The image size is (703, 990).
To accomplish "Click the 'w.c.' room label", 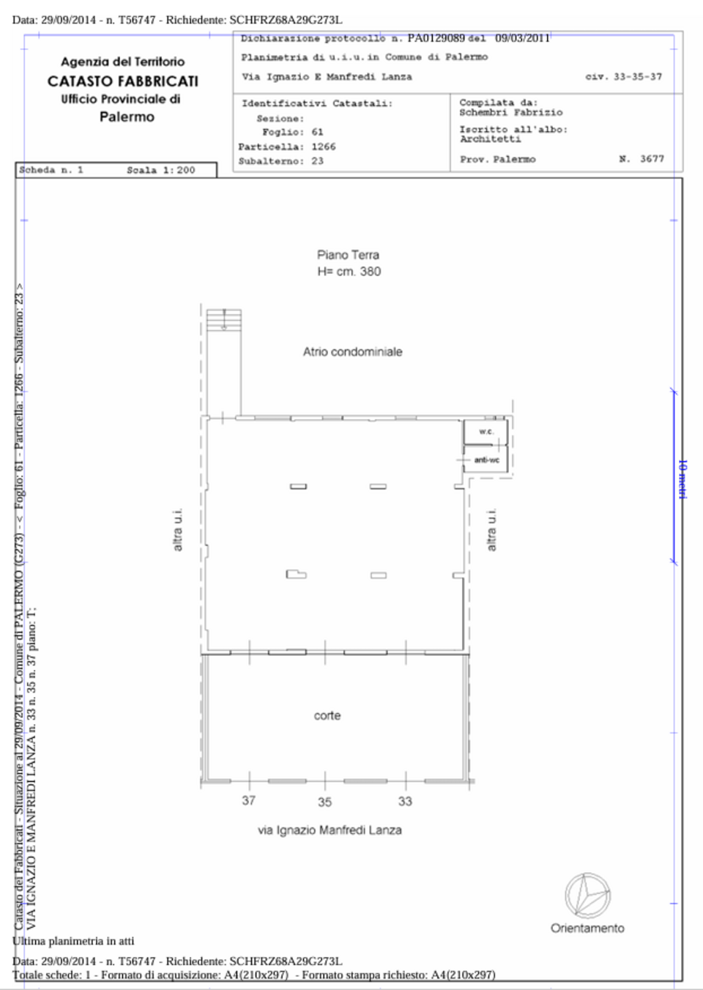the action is pos(486,432).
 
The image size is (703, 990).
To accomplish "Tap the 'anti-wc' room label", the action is pos(487,460).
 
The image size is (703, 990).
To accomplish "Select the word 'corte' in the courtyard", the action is pos(327,715).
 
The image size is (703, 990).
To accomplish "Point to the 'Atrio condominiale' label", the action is pos(353,351).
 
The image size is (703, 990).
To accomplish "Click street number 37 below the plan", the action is pos(249,801).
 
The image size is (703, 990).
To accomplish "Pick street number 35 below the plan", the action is pos(324,802).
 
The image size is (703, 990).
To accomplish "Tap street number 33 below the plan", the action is pos(405,801).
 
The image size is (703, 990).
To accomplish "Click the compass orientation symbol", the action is pos(588,896).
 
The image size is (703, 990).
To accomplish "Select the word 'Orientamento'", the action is pos(588,928).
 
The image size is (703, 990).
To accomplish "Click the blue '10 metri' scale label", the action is pos(682,479).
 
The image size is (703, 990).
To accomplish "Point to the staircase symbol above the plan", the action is pos(224,321).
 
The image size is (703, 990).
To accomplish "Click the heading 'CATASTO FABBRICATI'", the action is pos(123,81).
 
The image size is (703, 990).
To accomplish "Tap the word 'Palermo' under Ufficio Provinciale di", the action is pos(127,116).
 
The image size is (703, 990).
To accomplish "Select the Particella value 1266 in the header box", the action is pos(324,146).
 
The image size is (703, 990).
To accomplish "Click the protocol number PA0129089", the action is pos(436,38).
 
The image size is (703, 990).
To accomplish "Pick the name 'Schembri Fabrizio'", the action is pos(511,112).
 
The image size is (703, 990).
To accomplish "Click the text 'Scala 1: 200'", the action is pos(161,170).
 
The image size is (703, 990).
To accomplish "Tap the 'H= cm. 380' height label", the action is pos(349,272).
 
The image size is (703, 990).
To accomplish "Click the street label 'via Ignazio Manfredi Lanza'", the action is pos(330,830).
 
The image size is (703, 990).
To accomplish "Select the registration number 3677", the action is pos(652,159).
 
